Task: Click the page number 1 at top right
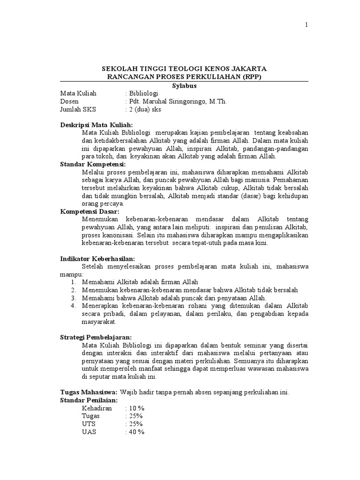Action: point(307,25)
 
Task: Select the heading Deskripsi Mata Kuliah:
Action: point(97,125)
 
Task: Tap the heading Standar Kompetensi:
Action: point(93,164)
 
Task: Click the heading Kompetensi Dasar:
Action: point(90,211)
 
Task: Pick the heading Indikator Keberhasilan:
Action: point(97,259)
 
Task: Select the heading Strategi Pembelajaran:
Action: point(96,337)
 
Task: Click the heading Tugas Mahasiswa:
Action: point(89,392)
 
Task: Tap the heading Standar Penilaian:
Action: point(89,400)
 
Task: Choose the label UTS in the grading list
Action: point(88,424)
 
